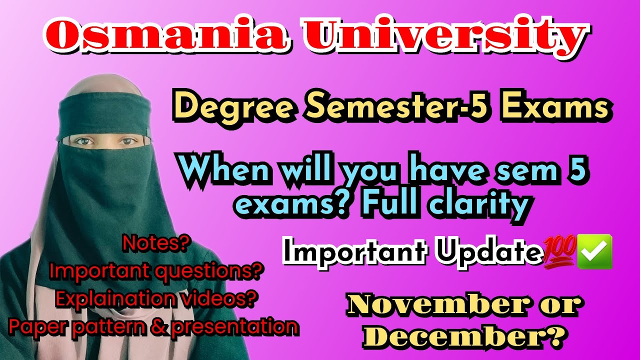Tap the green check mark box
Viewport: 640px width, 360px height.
[x=594, y=251]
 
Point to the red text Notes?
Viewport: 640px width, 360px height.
[x=156, y=245]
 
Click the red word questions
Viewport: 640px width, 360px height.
[x=209, y=271]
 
